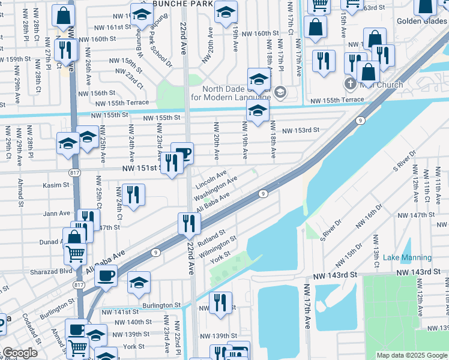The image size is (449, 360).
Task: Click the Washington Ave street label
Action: click(x=215, y=188)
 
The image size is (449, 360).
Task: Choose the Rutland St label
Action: click(x=211, y=239)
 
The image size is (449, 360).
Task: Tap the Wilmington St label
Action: click(x=218, y=247)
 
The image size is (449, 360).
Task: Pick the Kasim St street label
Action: click(x=56, y=185)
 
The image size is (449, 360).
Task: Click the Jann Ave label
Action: click(x=56, y=213)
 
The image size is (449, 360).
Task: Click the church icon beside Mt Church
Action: click(x=350, y=84)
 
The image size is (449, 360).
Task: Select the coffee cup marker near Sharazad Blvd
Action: click(x=106, y=277)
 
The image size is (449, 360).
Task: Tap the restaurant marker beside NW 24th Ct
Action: click(x=133, y=194)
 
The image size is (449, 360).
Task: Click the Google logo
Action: click(x=20, y=353)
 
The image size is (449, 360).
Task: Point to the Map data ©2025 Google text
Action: click(x=412, y=355)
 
